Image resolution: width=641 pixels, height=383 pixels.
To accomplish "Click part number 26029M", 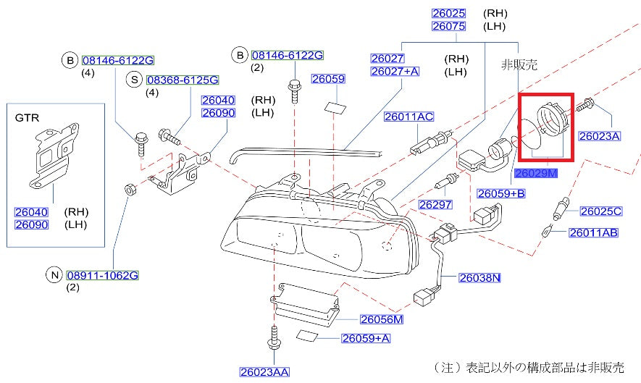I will [536, 173].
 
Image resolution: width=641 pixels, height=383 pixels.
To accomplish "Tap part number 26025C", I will [600, 211].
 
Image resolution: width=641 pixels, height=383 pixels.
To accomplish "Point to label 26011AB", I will [593, 232].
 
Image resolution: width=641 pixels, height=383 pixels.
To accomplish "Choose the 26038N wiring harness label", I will [479, 277].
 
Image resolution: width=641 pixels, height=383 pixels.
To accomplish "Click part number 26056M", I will [381, 319].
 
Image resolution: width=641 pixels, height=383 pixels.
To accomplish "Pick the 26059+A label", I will [366, 338].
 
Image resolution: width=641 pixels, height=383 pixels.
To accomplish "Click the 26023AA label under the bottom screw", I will [264, 372].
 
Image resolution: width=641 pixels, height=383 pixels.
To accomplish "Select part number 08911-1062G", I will [102, 275].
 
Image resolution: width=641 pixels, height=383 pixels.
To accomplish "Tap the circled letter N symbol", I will [54, 275].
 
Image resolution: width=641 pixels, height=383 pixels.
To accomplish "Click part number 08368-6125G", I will [182, 80].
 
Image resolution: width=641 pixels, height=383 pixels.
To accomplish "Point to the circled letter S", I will [135, 80].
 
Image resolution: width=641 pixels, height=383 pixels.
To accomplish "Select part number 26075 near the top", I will [448, 26].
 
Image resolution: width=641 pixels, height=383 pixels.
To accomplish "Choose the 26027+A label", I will [394, 72].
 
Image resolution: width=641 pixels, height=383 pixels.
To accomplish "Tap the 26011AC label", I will [409, 117].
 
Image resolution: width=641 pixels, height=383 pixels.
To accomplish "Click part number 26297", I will [435, 205].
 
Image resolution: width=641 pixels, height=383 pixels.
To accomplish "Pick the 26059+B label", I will [501, 193].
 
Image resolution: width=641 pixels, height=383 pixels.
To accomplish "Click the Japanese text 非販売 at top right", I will [519, 64].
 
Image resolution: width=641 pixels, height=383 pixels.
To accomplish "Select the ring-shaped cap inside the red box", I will [554, 119].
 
